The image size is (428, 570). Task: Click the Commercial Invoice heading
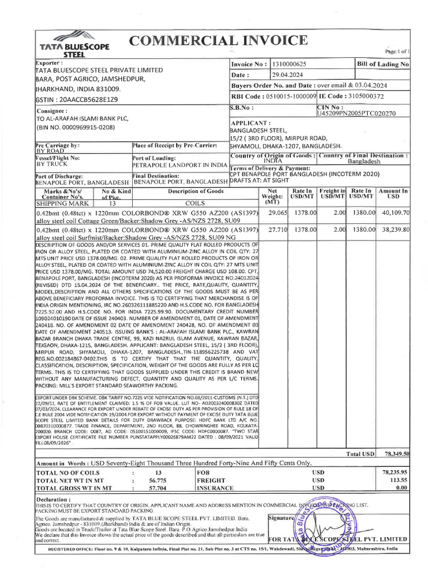point(217,41)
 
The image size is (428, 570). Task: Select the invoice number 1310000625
point(294,65)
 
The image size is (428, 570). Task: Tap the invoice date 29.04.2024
point(290,75)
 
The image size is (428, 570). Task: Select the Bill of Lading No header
point(383,65)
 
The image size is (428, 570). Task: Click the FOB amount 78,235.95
point(395,471)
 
